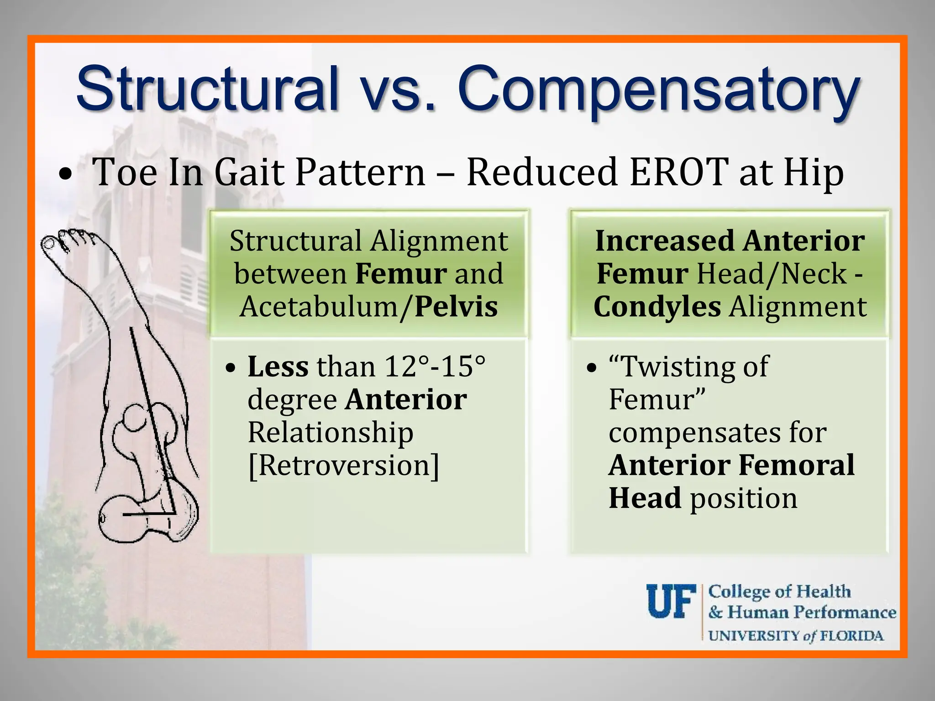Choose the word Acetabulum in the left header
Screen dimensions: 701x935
tap(319, 307)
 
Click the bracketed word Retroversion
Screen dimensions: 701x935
tap(343, 466)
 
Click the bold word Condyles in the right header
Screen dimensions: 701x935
tap(657, 307)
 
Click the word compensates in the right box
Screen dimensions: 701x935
tap(697, 432)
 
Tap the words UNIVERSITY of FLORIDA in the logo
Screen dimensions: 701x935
tap(795, 636)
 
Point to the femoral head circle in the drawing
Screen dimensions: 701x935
tap(135, 417)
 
